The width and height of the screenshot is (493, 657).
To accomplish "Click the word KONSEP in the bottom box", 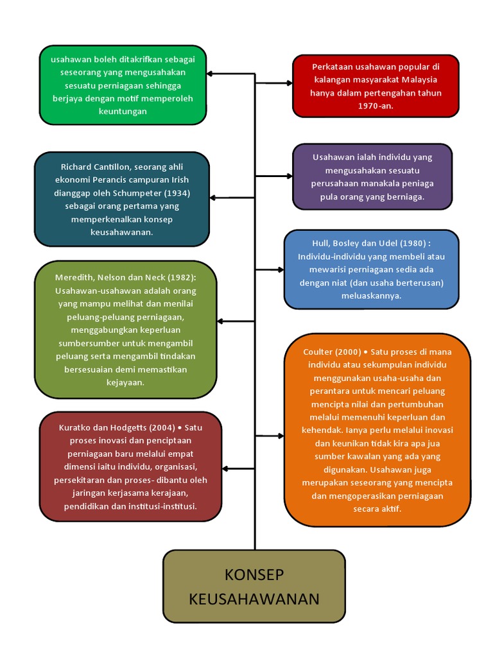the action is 254,574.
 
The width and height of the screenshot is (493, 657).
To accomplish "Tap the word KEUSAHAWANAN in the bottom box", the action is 254,599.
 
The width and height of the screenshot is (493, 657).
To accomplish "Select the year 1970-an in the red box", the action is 376,106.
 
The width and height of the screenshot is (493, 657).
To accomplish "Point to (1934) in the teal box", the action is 177,193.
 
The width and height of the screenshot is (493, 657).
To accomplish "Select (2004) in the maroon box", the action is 161,428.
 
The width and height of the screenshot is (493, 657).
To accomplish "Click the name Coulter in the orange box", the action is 317,352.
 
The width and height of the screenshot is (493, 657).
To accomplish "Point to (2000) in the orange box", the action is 347,352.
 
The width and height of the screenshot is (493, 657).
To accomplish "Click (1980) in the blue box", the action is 413,243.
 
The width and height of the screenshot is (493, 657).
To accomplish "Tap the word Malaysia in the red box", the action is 419,80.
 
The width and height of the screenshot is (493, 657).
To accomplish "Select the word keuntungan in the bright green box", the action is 123,112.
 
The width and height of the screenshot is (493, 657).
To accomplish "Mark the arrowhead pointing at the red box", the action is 290,83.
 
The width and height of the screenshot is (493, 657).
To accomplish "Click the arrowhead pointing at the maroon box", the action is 225,468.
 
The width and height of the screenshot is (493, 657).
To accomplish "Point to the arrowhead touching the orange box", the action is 281,436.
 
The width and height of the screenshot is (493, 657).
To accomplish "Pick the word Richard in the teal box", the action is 76,167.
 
